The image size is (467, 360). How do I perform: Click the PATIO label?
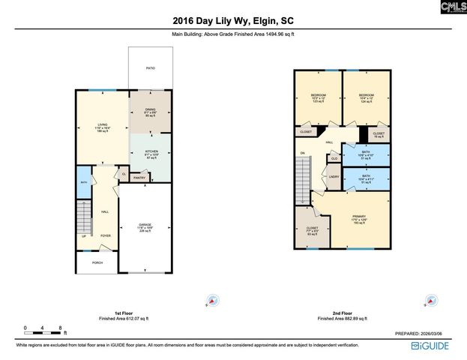pyautogui.click(x=150, y=68)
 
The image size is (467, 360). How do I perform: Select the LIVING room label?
pyautogui.click(x=102, y=125)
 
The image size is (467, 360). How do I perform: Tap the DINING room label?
pyautogui.click(x=150, y=109)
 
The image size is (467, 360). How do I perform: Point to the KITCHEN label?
pyautogui.click(x=150, y=152)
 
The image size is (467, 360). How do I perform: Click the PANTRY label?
pyautogui.click(x=139, y=178)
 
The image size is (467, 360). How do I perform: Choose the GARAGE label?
pyautogui.click(x=145, y=226)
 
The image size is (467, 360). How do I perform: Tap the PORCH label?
pyautogui.click(x=97, y=262)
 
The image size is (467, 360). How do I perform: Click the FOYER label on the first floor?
pyautogui.click(x=106, y=235)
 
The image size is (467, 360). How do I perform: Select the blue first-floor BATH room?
pyautogui.click(x=84, y=183)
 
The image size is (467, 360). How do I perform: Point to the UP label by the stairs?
pyautogui.click(x=83, y=236)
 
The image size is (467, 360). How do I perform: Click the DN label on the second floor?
pyautogui.click(x=303, y=154)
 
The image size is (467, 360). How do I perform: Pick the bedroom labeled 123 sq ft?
pyautogui.click(x=318, y=97)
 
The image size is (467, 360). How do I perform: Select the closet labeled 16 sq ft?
pyautogui.click(x=379, y=135)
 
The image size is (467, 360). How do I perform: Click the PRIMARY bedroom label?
pyautogui.click(x=361, y=218)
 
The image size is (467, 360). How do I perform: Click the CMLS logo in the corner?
pyautogui.click(x=453, y=8)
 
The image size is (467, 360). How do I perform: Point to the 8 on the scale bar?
pyautogui.click(x=59, y=328)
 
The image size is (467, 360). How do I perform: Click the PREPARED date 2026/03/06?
pyautogui.click(x=424, y=334)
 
